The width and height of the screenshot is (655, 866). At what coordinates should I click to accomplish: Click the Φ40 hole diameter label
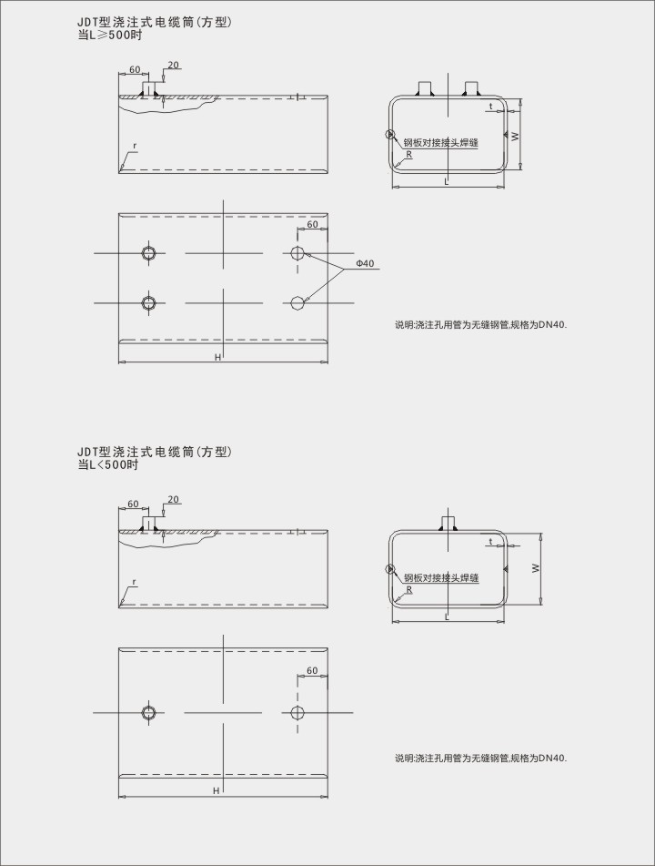pyautogui.click(x=365, y=263)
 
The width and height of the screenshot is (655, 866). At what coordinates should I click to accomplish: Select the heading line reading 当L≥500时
pyautogui.click(x=110, y=36)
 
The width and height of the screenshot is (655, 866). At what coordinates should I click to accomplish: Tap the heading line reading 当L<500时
pyautogui.click(x=108, y=464)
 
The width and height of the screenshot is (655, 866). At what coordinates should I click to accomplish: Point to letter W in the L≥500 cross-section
pyautogui.click(x=515, y=136)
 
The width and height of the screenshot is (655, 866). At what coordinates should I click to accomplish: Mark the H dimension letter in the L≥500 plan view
pyautogui.click(x=217, y=357)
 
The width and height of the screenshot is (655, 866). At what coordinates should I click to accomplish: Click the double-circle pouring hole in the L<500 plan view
pyautogui.click(x=148, y=712)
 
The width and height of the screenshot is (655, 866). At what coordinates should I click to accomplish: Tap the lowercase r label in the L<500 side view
pyautogui.click(x=134, y=581)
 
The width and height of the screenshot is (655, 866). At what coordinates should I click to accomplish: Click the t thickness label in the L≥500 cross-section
pyautogui.click(x=491, y=107)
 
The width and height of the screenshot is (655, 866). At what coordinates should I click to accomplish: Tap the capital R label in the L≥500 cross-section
pyautogui.click(x=409, y=155)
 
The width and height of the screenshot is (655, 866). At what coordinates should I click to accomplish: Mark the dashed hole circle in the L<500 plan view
pyautogui.click(x=297, y=712)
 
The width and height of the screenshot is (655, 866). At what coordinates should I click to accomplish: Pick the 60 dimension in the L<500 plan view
pyautogui.click(x=312, y=671)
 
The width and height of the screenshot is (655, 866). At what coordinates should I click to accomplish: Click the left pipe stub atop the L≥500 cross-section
pyautogui.click(x=424, y=88)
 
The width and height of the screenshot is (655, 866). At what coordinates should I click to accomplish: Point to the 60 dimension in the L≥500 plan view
pyautogui.click(x=312, y=224)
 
